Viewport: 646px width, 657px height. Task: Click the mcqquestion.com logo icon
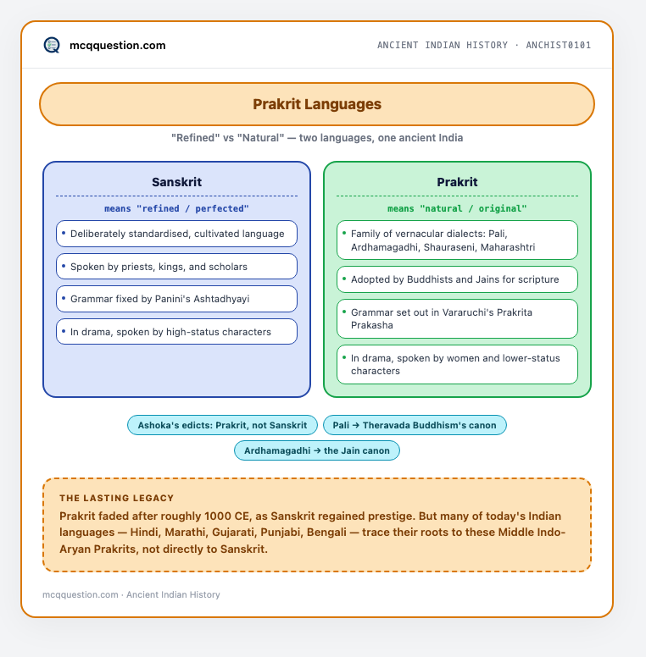pyautogui.click(x=52, y=45)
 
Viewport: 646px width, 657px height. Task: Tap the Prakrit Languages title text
pyautogui.click(x=317, y=104)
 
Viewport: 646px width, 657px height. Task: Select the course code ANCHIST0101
pyautogui.click(x=559, y=45)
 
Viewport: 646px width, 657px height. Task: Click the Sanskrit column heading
pyautogui.click(x=176, y=182)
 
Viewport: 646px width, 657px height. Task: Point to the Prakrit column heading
pyautogui.click(x=457, y=182)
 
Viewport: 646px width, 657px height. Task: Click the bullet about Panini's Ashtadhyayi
pyautogui.click(x=176, y=299)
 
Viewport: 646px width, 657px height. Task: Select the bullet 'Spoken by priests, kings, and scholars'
pyautogui.click(x=176, y=267)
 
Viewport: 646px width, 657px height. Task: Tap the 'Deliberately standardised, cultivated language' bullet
pyautogui.click(x=176, y=234)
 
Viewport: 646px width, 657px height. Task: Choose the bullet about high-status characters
pyautogui.click(x=176, y=332)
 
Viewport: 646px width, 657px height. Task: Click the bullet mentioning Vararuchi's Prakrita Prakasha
pyautogui.click(x=457, y=319)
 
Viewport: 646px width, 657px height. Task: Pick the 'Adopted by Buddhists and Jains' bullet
pyautogui.click(x=457, y=279)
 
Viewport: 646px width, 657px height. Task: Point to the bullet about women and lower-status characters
pyautogui.click(x=457, y=365)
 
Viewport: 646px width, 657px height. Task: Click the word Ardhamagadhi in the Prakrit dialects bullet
pyautogui.click(x=386, y=247)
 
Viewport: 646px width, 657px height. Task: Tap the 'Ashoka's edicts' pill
pyautogui.click(x=222, y=425)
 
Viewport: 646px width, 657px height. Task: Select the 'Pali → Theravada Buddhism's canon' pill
pyautogui.click(x=415, y=425)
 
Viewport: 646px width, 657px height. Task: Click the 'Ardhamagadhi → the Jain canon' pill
pyautogui.click(x=317, y=450)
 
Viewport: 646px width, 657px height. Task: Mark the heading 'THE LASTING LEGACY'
pyautogui.click(x=117, y=498)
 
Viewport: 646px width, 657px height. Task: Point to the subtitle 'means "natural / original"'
pyautogui.click(x=457, y=208)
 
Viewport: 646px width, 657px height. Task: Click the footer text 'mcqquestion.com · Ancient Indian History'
pyautogui.click(x=131, y=594)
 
